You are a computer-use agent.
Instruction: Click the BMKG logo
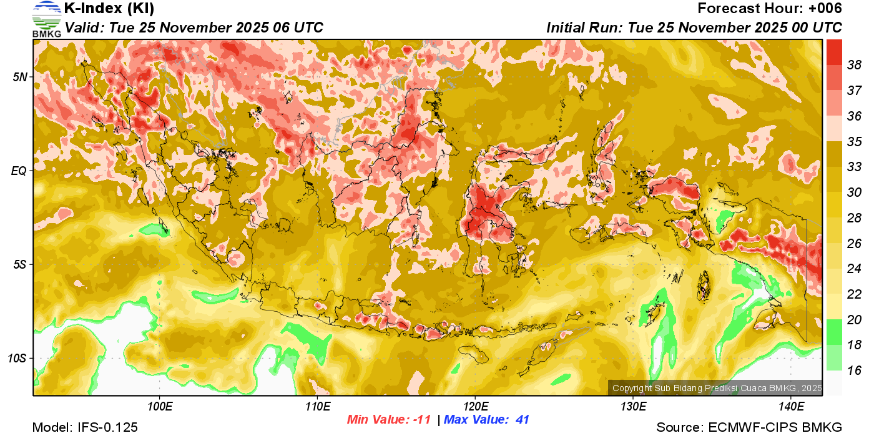[47, 19]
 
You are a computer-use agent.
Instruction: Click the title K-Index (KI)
[109, 9]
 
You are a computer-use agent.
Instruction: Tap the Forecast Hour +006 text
[770, 9]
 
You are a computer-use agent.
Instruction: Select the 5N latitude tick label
[21, 77]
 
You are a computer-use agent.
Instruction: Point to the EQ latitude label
[20, 171]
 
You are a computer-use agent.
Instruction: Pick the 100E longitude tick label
[160, 407]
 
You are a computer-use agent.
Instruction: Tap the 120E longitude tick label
[475, 407]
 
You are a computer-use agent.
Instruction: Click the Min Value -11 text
[389, 420]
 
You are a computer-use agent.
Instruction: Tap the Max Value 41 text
[487, 420]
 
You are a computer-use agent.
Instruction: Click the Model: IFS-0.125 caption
[85, 428]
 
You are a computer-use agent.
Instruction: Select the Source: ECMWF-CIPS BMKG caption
[749, 428]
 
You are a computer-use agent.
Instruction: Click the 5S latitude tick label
[21, 265]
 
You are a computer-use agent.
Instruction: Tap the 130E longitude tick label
[633, 407]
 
